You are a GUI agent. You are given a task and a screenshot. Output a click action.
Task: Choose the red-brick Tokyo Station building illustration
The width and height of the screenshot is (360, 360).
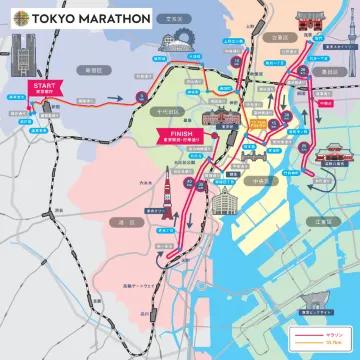pos(221,137)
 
